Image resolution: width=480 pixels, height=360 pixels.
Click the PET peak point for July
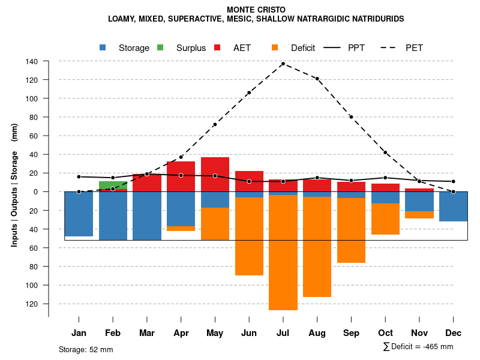[283, 64]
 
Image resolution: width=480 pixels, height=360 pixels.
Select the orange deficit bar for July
[283, 252]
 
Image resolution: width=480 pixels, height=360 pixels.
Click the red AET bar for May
[215, 174]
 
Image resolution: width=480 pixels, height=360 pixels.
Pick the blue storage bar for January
[79, 214]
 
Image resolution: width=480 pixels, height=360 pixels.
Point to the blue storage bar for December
[453, 206]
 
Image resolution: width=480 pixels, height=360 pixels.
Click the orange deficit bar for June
[249, 236]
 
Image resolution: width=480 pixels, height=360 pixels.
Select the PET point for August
[317, 79]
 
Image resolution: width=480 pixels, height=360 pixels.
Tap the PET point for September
[351, 117]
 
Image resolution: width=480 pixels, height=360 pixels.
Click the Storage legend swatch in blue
[103, 48]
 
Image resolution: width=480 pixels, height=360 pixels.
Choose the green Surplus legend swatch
[160, 48]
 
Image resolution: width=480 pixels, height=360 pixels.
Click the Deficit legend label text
[303, 48]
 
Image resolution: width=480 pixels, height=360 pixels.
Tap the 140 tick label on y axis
[32, 61]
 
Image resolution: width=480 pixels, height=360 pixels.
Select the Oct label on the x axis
[385, 333]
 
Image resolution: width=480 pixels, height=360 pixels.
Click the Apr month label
[181, 333]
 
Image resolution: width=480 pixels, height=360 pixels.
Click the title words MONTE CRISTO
[256, 10]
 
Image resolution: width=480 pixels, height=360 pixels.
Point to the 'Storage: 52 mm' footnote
[86, 349]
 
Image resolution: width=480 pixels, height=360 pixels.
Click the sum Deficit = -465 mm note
[418, 346]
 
